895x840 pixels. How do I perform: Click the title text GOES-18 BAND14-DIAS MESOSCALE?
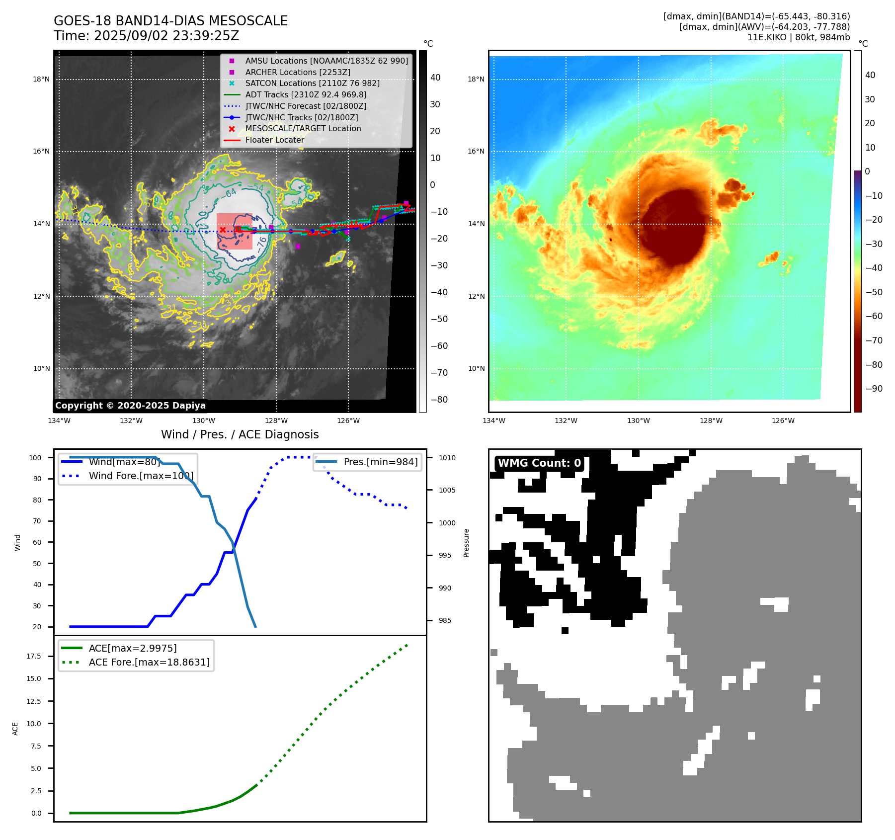tap(170, 21)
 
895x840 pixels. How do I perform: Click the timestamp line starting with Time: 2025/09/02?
tap(146, 36)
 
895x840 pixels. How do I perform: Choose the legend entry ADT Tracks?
tap(306, 94)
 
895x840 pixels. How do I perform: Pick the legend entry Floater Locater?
tap(274, 140)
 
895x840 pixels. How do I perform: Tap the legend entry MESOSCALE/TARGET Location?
tap(303, 128)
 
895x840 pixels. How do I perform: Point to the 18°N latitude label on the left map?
tap(41, 79)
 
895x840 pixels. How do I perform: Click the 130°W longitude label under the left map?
tap(203, 420)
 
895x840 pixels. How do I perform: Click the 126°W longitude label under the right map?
tap(783, 420)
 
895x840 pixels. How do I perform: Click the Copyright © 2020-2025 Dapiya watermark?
tap(130, 406)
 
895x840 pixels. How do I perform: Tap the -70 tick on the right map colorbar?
tap(874, 340)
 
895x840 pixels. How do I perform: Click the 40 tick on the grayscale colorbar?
tap(435, 78)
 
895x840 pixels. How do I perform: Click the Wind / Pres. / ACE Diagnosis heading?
tap(240, 434)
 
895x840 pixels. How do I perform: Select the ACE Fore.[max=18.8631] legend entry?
tap(149, 662)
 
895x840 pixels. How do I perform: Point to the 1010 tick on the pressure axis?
tap(447, 458)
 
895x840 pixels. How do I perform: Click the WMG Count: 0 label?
tap(539, 463)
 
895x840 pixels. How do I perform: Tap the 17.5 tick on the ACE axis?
tap(34, 656)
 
